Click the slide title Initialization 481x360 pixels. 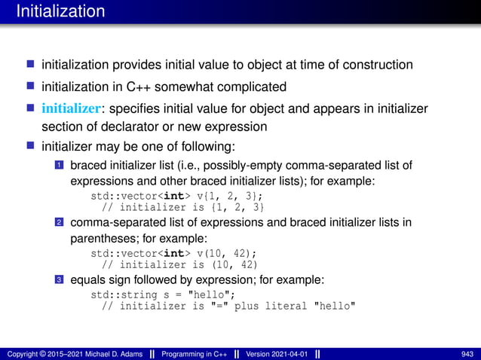click(60, 12)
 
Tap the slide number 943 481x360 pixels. click(466, 353)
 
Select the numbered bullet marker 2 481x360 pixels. click(60, 223)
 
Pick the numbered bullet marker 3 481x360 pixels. click(60, 280)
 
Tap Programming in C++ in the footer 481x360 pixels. click(195, 353)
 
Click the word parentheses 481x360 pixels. click(97, 239)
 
